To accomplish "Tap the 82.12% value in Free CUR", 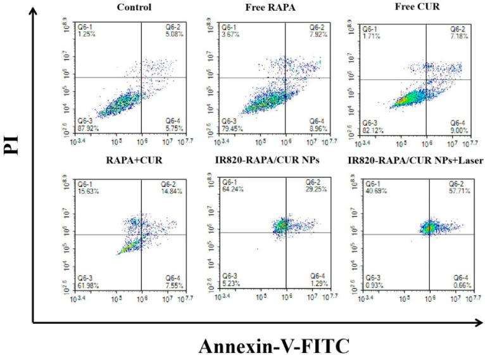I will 373,141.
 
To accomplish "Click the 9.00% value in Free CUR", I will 459,141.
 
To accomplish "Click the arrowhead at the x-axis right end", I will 479,324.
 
